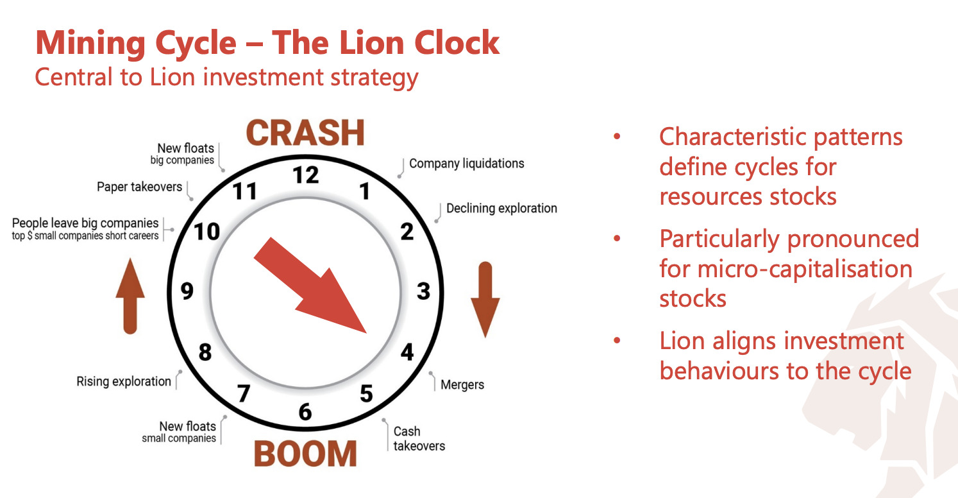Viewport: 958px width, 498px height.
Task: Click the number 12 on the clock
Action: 306,175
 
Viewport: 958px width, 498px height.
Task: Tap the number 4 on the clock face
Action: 407,352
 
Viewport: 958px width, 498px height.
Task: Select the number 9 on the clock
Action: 187,291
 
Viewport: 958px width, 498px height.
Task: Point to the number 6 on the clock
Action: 305,411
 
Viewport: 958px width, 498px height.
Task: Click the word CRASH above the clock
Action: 305,133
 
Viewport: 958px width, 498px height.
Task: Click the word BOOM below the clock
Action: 305,454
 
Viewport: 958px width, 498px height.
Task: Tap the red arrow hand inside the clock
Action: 310,286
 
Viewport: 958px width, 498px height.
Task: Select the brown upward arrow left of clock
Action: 130,296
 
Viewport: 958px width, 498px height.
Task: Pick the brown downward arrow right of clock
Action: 485,300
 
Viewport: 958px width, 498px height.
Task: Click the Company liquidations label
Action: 467,163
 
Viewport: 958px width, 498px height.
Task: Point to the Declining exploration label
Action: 501,208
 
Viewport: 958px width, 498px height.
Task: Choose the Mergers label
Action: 462,384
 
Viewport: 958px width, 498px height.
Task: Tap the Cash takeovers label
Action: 419,438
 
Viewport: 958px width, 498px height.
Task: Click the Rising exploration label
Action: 124,381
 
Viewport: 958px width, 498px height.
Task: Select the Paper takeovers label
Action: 139,187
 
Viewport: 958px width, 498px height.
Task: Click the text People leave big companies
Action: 85,223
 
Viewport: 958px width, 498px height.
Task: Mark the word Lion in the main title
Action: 373,43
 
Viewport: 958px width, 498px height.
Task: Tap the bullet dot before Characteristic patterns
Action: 617,137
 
